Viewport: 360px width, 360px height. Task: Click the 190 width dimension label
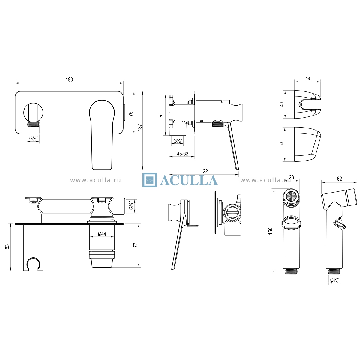pyautogui.click(x=69, y=79)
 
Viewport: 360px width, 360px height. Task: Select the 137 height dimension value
pyautogui.click(x=140, y=127)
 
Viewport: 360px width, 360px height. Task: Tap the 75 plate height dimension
pyautogui.click(x=131, y=114)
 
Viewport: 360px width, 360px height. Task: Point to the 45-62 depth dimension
pyautogui.click(x=182, y=154)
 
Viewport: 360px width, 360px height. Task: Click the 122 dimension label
pyautogui.click(x=204, y=171)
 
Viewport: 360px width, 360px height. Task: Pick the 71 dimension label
pyautogui.click(x=163, y=115)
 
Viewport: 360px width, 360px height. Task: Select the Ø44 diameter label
pyautogui.click(x=102, y=234)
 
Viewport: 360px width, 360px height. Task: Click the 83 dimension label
pyautogui.click(x=7, y=247)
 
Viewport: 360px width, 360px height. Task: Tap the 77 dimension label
pyautogui.click(x=135, y=245)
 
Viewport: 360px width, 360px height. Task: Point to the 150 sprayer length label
pyautogui.click(x=270, y=231)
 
